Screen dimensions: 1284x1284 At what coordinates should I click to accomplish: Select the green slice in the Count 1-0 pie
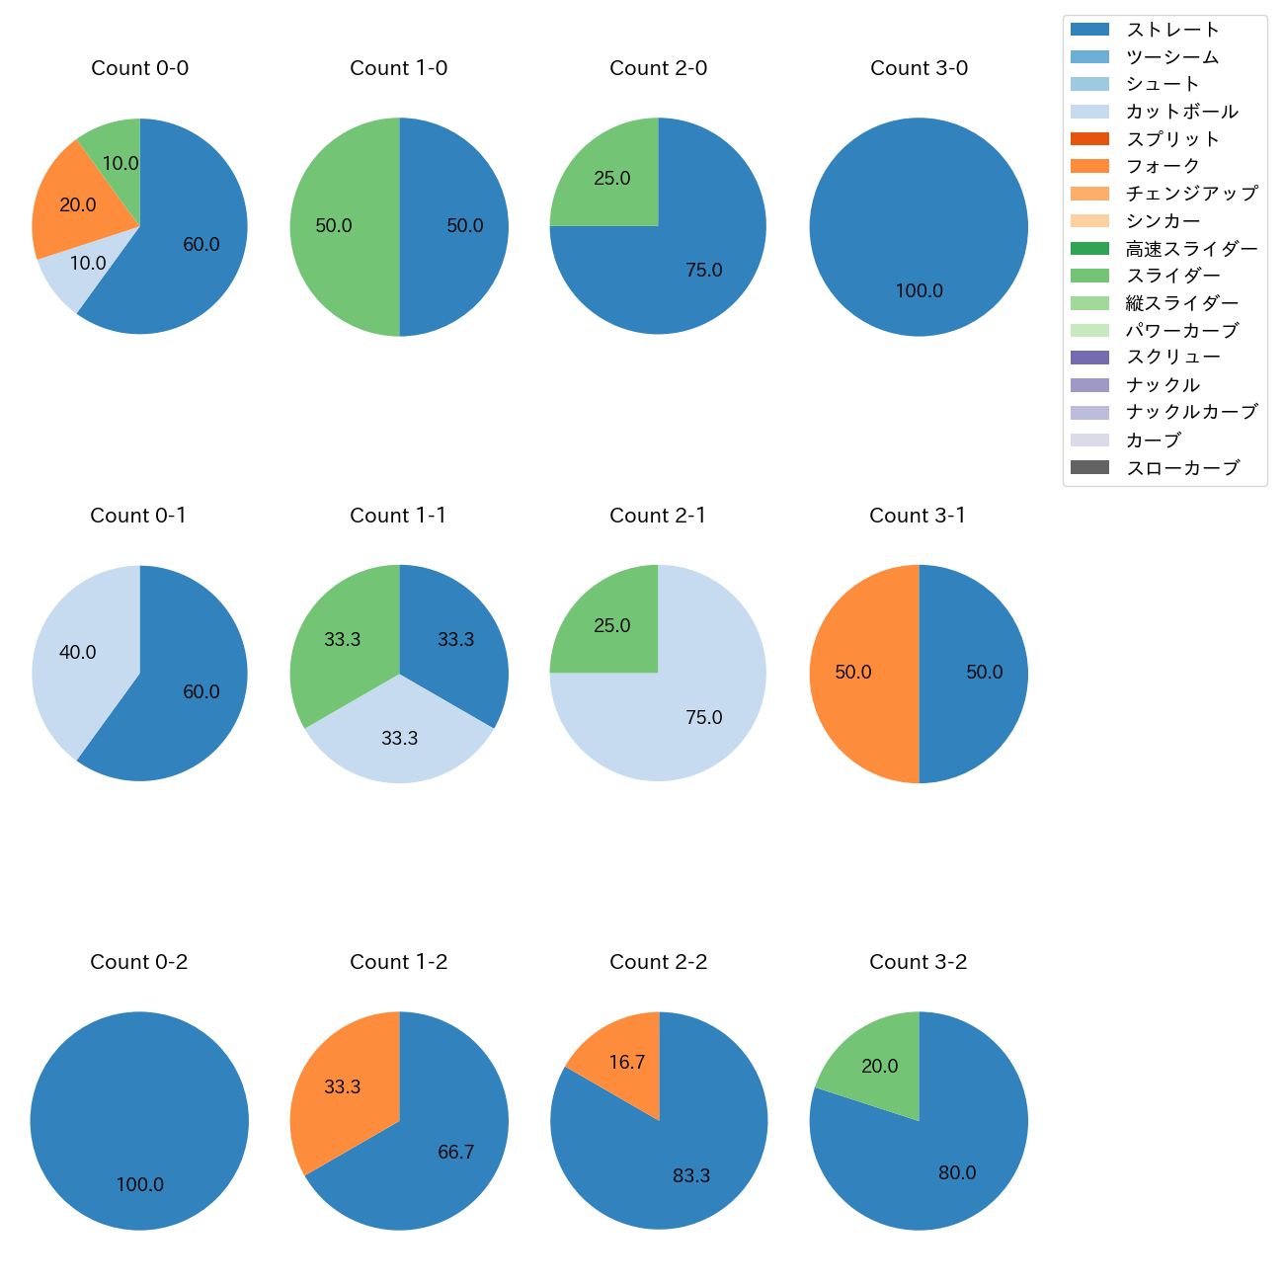[x=336, y=226]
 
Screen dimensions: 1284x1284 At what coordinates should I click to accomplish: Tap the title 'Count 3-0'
[x=919, y=68]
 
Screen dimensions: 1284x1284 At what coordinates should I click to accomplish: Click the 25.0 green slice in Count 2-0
[x=611, y=179]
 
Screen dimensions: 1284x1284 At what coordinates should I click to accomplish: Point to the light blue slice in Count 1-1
[x=399, y=738]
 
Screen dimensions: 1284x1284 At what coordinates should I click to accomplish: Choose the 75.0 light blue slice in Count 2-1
[x=703, y=717]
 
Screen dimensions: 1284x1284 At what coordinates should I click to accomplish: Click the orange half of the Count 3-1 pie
[x=853, y=673]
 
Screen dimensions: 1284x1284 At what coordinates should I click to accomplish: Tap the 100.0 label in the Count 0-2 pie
[x=140, y=1184]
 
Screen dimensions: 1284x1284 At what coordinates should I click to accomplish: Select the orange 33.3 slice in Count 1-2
[x=342, y=1086]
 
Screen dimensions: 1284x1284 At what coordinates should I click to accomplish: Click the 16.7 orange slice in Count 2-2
[x=626, y=1062]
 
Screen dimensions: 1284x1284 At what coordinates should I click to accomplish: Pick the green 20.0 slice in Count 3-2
[x=879, y=1066]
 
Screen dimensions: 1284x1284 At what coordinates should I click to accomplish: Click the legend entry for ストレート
[x=1172, y=30]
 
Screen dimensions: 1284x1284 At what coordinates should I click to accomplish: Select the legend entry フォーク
[x=1163, y=166]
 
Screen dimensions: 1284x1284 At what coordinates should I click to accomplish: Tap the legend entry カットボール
[x=1181, y=112]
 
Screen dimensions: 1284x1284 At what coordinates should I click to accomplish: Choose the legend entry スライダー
[x=1172, y=276]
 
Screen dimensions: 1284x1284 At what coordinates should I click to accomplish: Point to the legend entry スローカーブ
[x=1182, y=468]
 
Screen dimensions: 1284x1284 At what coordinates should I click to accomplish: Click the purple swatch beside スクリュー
[x=1090, y=358]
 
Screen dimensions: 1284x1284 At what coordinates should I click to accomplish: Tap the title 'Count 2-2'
[x=659, y=962]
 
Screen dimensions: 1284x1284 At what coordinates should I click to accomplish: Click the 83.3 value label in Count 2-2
[x=691, y=1175]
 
